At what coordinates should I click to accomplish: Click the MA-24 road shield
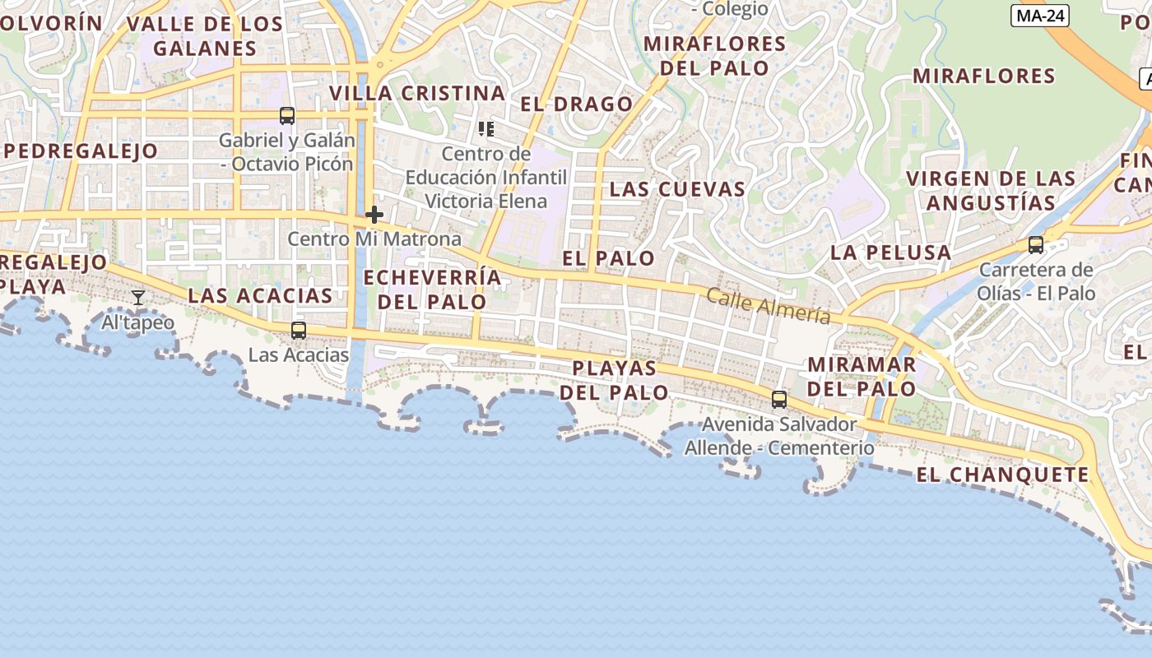pyautogui.click(x=1040, y=16)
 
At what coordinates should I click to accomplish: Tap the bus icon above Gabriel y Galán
pyautogui.click(x=286, y=116)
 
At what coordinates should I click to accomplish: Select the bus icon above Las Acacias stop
pyautogui.click(x=299, y=331)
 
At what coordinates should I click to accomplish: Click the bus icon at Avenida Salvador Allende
pyautogui.click(x=778, y=401)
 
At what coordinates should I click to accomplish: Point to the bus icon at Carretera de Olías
pyautogui.click(x=1035, y=245)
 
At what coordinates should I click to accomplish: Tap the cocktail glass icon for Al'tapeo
pyautogui.click(x=138, y=298)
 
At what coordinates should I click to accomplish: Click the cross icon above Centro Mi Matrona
pyautogui.click(x=374, y=215)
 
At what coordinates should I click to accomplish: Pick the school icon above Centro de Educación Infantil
pyautogui.click(x=486, y=129)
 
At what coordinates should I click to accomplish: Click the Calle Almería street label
pyautogui.click(x=768, y=307)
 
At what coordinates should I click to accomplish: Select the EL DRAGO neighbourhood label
pyautogui.click(x=576, y=104)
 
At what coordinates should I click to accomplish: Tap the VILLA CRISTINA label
pyautogui.click(x=417, y=94)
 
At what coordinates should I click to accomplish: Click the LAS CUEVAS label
pyautogui.click(x=677, y=189)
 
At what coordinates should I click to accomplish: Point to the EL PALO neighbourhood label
pyautogui.click(x=608, y=258)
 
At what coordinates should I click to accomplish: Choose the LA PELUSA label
pyautogui.click(x=890, y=253)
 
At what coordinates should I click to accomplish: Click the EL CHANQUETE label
pyautogui.click(x=1002, y=475)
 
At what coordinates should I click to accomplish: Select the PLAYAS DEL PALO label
pyautogui.click(x=614, y=380)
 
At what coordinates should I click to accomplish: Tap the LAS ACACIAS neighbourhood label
pyautogui.click(x=260, y=296)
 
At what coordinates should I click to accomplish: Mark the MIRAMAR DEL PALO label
pyautogui.click(x=862, y=376)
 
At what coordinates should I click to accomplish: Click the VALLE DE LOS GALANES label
pyautogui.click(x=205, y=36)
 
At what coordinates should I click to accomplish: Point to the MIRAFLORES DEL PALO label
pyautogui.click(x=714, y=55)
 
